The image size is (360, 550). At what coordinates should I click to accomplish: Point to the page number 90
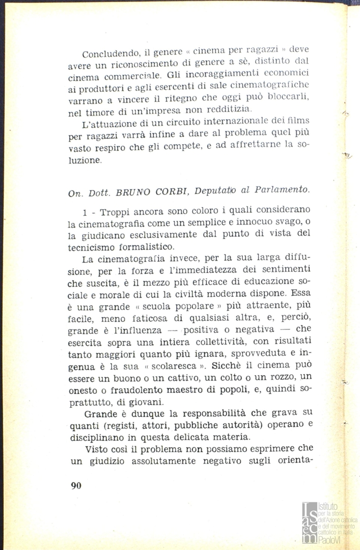coord(76,485)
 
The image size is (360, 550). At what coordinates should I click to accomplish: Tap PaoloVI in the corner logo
coord(331,539)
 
